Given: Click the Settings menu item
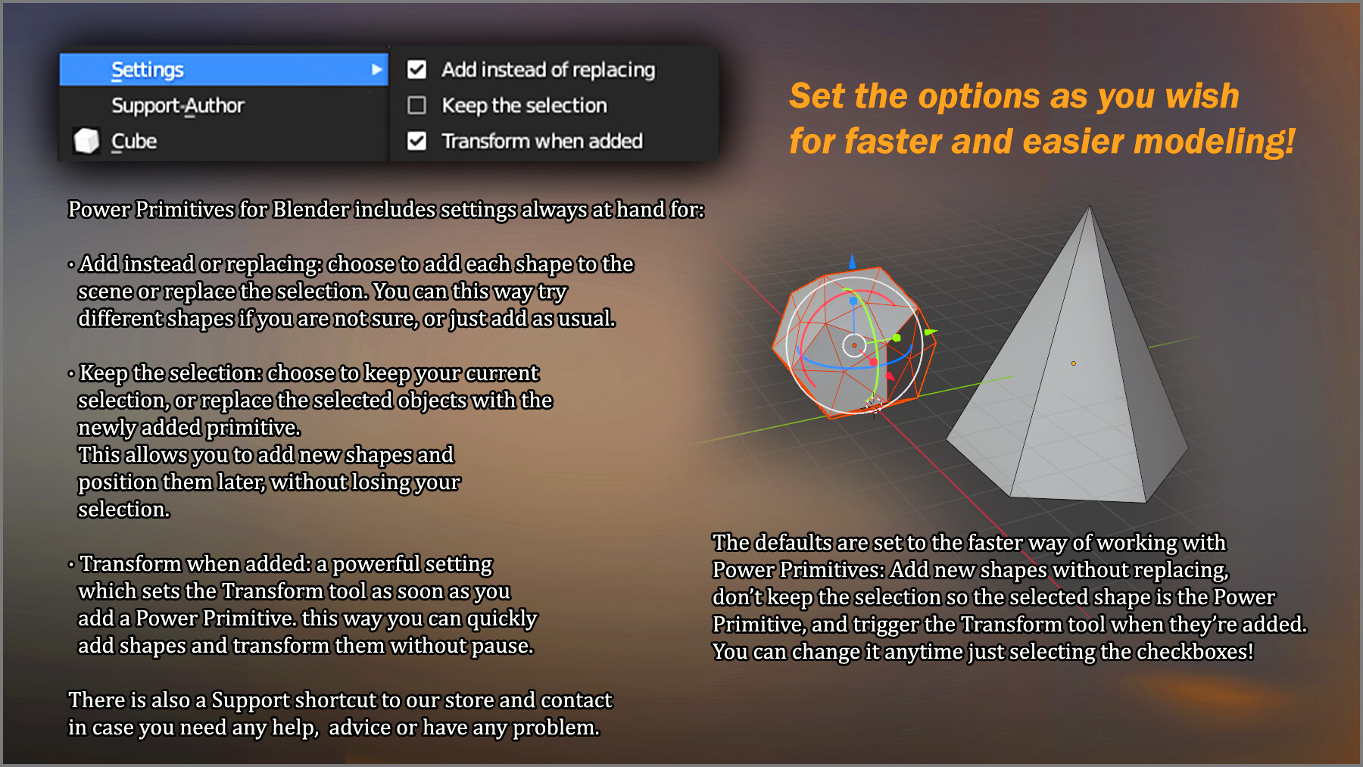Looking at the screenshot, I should [x=148, y=70].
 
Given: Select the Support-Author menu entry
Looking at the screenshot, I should [x=178, y=105].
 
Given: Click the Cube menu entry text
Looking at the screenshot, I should [x=134, y=141].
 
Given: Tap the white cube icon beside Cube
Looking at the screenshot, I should [x=86, y=140].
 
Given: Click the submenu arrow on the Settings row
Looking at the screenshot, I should [x=376, y=70].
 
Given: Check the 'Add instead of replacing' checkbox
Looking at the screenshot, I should [x=416, y=70].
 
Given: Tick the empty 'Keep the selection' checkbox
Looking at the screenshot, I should [x=416, y=105].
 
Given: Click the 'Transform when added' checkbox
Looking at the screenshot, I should [x=416, y=141].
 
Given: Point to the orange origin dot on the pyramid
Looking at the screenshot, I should [x=1073, y=363].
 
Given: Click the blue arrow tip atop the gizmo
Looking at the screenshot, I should [x=853, y=261].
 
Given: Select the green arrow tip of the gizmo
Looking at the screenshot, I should [x=931, y=332].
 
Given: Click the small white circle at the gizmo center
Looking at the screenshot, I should [x=854, y=345].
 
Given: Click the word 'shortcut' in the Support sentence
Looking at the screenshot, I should [x=334, y=700].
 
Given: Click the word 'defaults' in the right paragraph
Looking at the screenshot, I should [x=791, y=542].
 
